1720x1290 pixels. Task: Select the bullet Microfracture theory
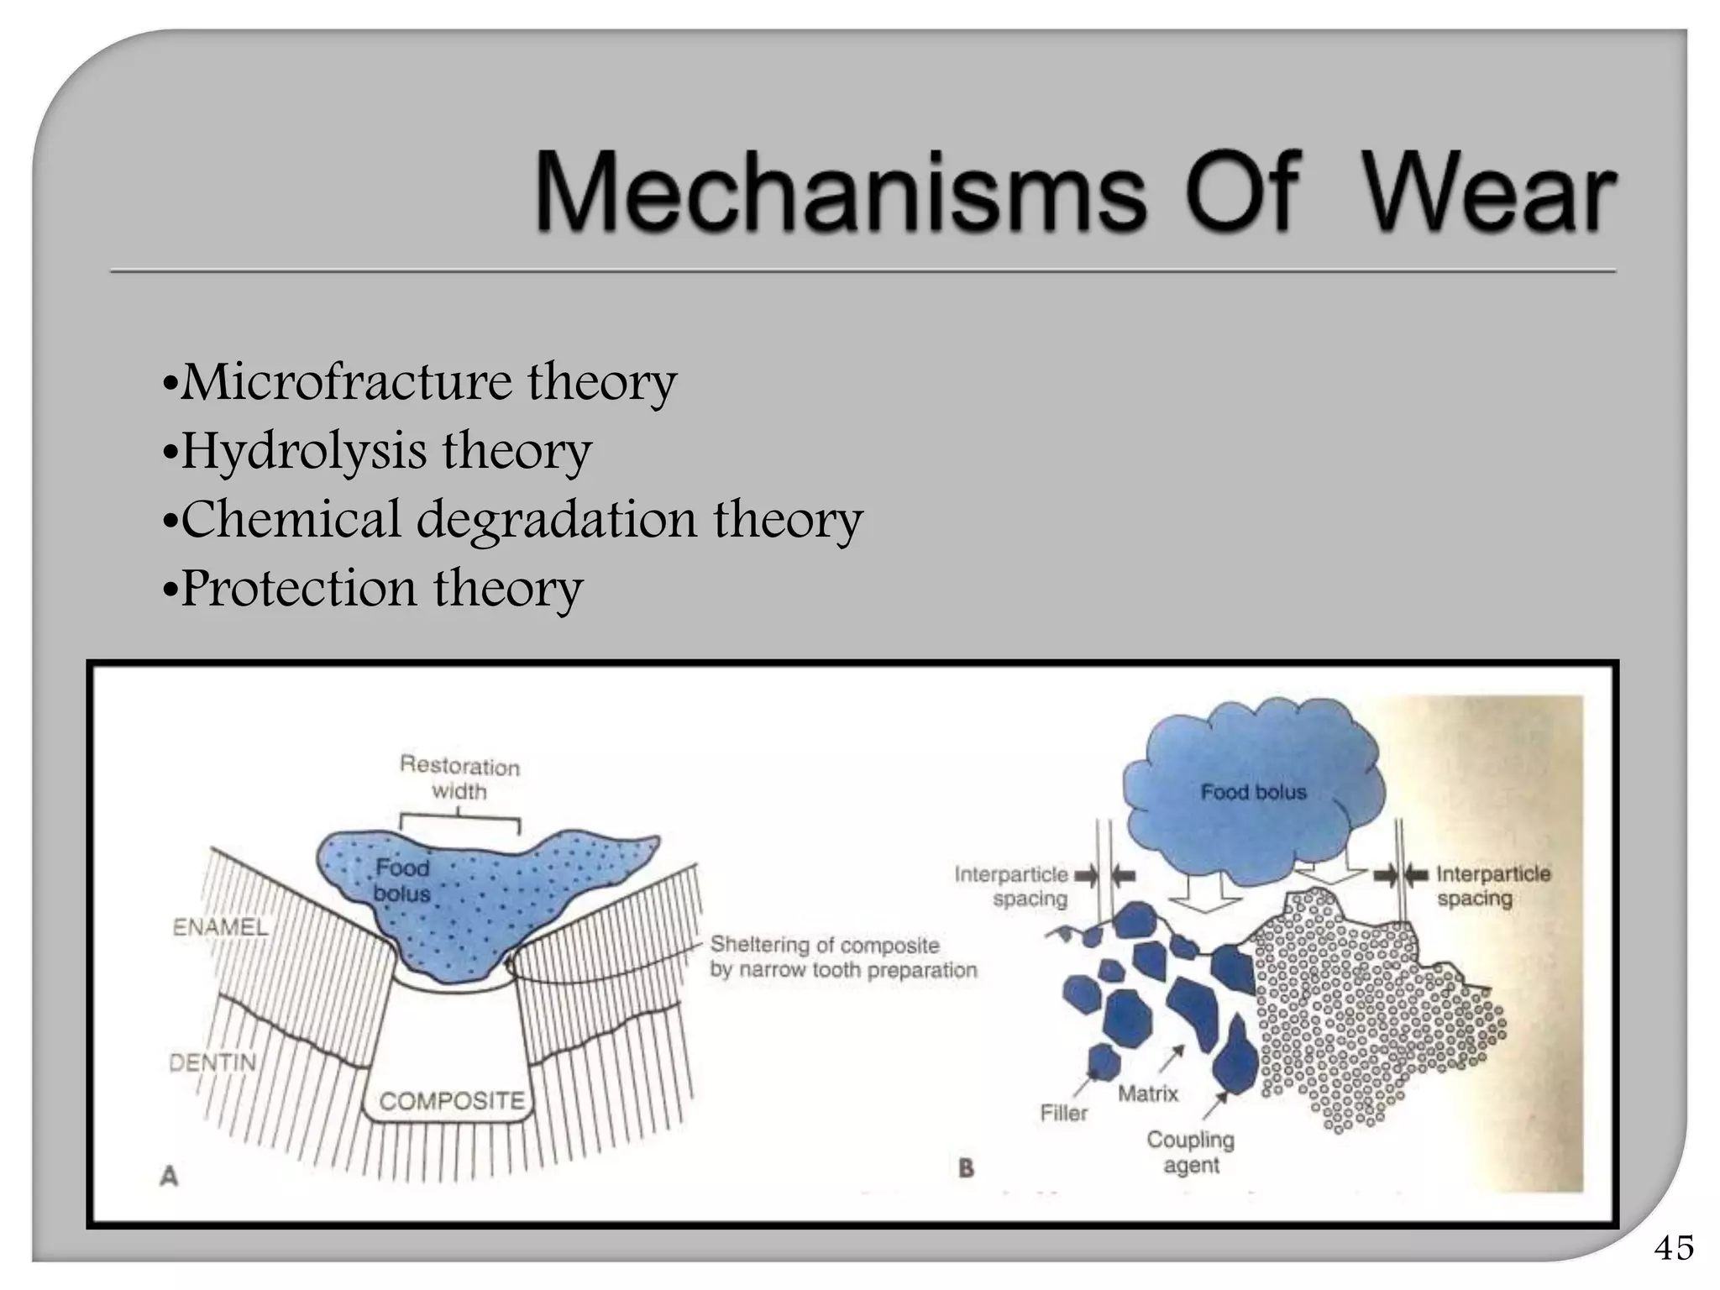click(420, 382)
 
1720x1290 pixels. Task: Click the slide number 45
click(1673, 1248)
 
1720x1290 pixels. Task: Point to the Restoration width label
click(459, 779)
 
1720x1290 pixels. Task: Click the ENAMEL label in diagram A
click(220, 927)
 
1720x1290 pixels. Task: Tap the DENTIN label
click(212, 1063)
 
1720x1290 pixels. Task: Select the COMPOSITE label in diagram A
click(452, 1101)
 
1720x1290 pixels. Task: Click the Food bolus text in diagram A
click(401, 880)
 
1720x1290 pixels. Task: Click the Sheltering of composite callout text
click(842, 957)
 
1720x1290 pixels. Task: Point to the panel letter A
click(169, 1177)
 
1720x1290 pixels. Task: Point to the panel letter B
click(966, 1168)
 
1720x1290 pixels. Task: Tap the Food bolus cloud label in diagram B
click(1253, 792)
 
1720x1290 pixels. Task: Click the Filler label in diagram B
click(1063, 1114)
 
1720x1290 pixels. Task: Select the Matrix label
click(1148, 1093)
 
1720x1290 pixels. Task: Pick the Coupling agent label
click(1190, 1152)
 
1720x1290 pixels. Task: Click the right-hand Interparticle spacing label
click(1492, 886)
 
